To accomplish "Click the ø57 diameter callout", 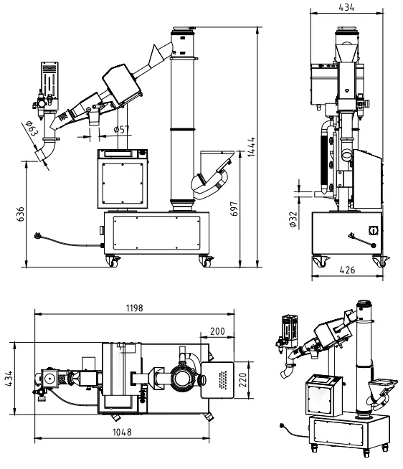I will [x=123, y=129].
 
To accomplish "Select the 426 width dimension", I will [x=347, y=270].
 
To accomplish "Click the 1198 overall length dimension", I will [x=133, y=308].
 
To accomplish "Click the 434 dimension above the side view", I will [x=346, y=7].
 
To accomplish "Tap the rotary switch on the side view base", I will [x=373, y=231].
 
